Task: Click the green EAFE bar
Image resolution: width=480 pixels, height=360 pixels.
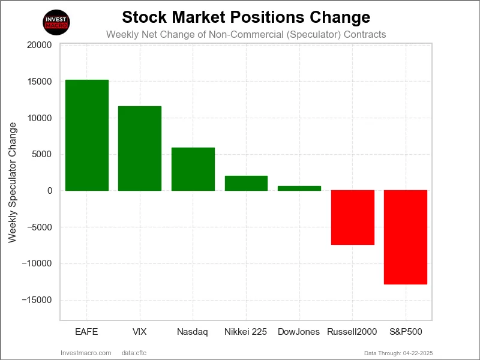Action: (87, 135)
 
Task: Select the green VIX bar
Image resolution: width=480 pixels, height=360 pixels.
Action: (140, 148)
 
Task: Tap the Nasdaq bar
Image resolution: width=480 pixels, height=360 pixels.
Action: (193, 169)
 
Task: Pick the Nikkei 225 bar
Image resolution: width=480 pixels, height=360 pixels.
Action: (246, 183)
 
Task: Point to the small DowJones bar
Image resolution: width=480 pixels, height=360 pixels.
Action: (299, 188)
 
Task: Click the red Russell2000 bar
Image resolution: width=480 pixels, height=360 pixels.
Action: (353, 217)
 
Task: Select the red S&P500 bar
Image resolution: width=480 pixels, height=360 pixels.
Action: (406, 237)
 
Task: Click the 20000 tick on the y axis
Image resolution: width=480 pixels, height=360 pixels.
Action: (40, 45)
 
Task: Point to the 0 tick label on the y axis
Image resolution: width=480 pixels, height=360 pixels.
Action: (49, 191)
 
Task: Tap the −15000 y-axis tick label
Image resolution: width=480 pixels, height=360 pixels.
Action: (37, 300)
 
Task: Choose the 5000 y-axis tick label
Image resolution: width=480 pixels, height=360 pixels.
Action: (42, 154)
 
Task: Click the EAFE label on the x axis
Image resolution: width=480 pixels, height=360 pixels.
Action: (87, 331)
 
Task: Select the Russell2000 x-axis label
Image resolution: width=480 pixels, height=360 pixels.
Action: (353, 331)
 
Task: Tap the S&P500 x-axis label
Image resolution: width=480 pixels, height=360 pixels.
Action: (406, 331)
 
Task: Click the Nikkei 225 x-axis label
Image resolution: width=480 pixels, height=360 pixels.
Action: (246, 331)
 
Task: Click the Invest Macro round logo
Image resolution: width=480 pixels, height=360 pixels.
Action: (57, 22)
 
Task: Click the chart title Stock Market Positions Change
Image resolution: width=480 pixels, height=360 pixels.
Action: (246, 16)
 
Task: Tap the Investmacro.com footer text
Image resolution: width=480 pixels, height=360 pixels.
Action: (86, 353)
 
